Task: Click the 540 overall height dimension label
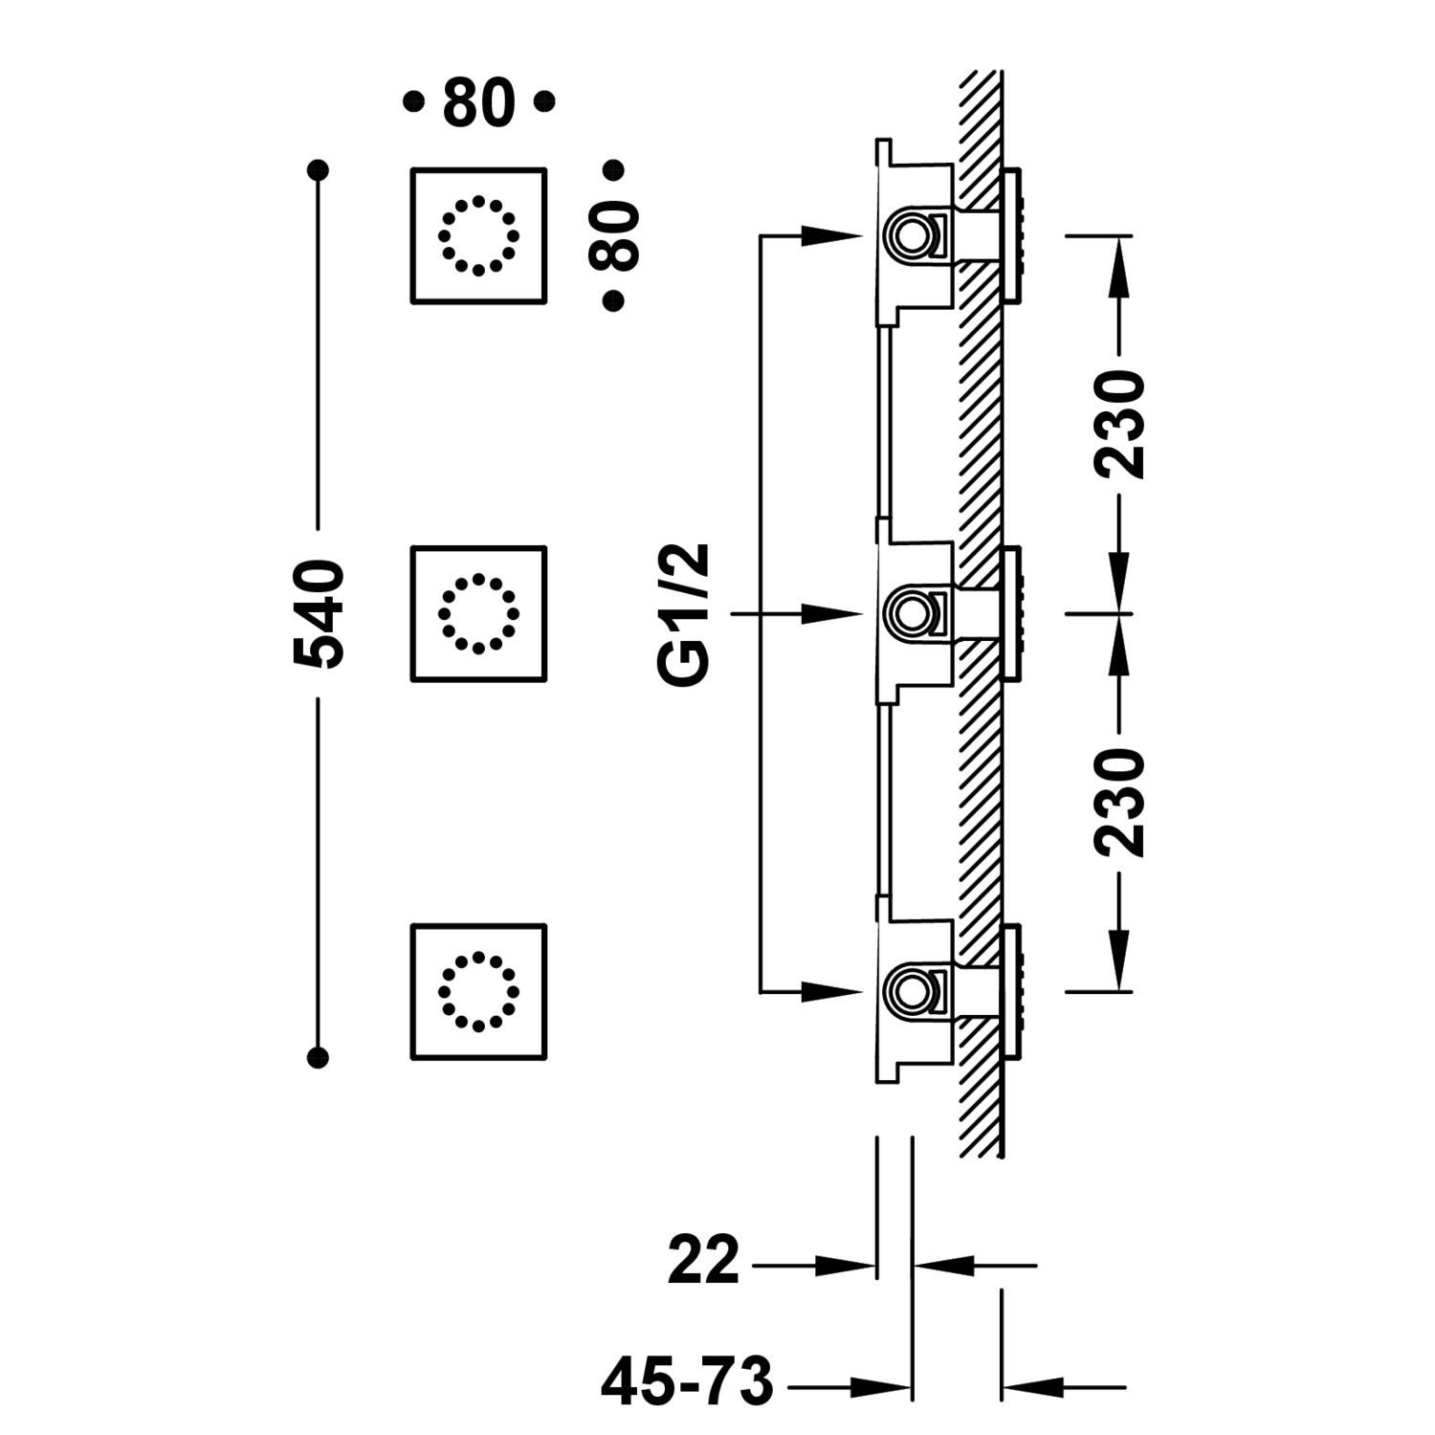[319, 614]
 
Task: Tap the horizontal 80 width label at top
[478, 103]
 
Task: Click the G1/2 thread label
[687, 614]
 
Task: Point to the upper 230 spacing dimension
[1120, 424]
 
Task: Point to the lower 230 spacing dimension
[1120, 802]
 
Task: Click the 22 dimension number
[704, 1261]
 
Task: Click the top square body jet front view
[478, 235]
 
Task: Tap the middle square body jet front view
[478, 614]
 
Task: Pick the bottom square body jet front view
[478, 992]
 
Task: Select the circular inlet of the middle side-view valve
[907, 611]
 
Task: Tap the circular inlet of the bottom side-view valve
[907, 989]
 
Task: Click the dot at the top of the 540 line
[319, 170]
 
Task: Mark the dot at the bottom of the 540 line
[319, 1057]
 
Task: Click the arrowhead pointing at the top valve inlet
[830, 234]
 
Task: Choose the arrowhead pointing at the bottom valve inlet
[830, 991]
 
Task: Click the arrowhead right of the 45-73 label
[880, 1385]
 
